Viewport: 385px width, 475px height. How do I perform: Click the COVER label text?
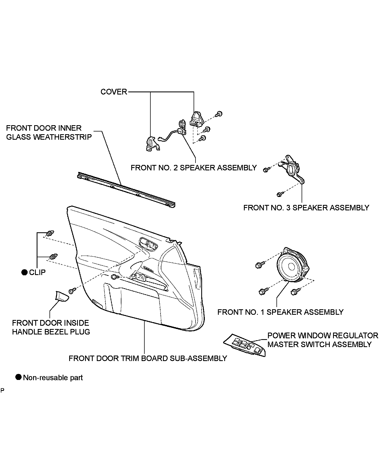[114, 92]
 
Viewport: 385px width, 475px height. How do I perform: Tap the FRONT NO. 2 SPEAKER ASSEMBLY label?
[194, 168]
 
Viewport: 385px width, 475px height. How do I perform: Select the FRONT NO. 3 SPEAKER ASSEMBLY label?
[306, 208]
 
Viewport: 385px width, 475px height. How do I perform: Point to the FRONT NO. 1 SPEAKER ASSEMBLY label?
[280, 312]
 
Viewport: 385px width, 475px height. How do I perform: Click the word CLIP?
[37, 272]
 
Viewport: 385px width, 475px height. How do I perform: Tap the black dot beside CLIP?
[25, 272]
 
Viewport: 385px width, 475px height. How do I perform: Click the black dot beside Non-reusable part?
[18, 377]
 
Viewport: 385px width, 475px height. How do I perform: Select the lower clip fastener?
[53, 257]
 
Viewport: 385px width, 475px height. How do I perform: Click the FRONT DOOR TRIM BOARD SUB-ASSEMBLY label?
[148, 358]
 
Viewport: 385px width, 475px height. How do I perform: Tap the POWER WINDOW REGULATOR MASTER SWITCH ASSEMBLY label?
[323, 340]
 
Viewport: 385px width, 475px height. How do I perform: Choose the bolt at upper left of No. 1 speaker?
[258, 265]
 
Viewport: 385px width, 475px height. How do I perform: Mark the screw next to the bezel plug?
[72, 291]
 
